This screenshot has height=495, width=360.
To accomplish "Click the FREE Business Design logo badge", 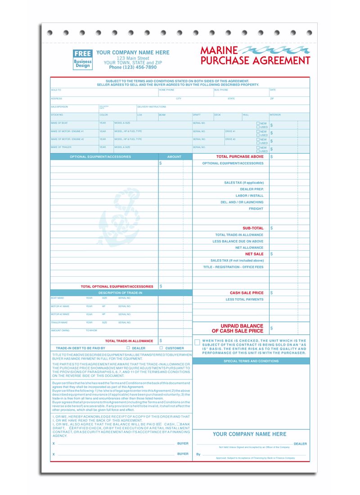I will (83, 59).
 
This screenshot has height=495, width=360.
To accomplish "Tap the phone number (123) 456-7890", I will (133, 67).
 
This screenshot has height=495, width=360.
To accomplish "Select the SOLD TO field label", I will (56, 90).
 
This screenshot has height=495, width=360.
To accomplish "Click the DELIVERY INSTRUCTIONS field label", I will (152, 107).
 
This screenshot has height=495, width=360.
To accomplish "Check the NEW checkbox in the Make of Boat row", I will (258, 123).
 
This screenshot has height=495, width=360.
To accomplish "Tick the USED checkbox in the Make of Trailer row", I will (258, 151).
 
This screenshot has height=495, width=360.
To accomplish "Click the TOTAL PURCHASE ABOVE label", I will (240, 157).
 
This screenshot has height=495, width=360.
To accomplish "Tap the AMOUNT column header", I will (174, 157).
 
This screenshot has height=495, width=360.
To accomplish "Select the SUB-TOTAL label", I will (253, 228).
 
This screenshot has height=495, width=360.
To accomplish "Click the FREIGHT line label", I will (256, 209).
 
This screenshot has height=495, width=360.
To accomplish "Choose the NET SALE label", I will (254, 254).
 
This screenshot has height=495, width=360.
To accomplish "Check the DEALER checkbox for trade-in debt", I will (128, 348).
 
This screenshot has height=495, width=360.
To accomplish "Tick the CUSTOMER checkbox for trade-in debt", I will (161, 348).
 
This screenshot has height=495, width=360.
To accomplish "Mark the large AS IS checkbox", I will (197, 342).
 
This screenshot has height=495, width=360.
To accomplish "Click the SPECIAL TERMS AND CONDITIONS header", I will (251, 361).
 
